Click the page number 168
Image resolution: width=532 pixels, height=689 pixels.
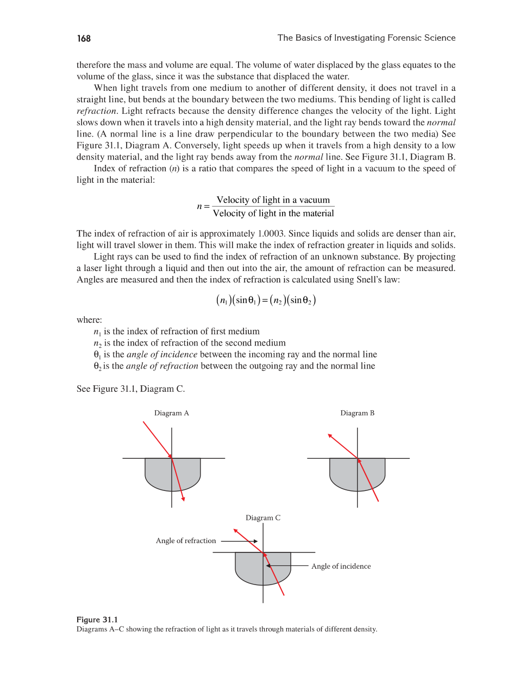coord(84,38)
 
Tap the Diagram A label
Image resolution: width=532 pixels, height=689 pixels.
coord(171,413)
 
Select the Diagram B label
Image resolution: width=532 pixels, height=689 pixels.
coord(357,413)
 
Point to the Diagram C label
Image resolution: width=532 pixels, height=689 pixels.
coord(263,518)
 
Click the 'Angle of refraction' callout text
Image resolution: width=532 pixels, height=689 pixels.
coord(186,541)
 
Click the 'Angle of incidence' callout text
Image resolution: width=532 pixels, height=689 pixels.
coord(341,567)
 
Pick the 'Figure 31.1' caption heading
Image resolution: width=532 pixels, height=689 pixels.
coord(97,619)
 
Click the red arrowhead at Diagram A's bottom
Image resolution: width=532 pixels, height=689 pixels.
coord(183,499)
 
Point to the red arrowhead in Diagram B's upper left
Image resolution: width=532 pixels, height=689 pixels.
coord(330,436)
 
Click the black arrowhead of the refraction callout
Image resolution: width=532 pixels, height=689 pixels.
coord(255,541)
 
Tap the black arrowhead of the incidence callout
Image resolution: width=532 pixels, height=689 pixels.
coord(268,566)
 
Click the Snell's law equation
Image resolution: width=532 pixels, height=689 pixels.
coord(266,300)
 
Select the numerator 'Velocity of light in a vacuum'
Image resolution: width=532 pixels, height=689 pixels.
coord(273,200)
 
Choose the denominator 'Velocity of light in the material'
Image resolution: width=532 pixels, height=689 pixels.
coord(273,213)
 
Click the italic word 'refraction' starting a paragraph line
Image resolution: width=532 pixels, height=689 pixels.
coord(96,111)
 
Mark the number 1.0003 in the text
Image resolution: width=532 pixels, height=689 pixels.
coord(271,233)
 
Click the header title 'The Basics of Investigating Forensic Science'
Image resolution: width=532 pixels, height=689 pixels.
coord(366,38)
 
